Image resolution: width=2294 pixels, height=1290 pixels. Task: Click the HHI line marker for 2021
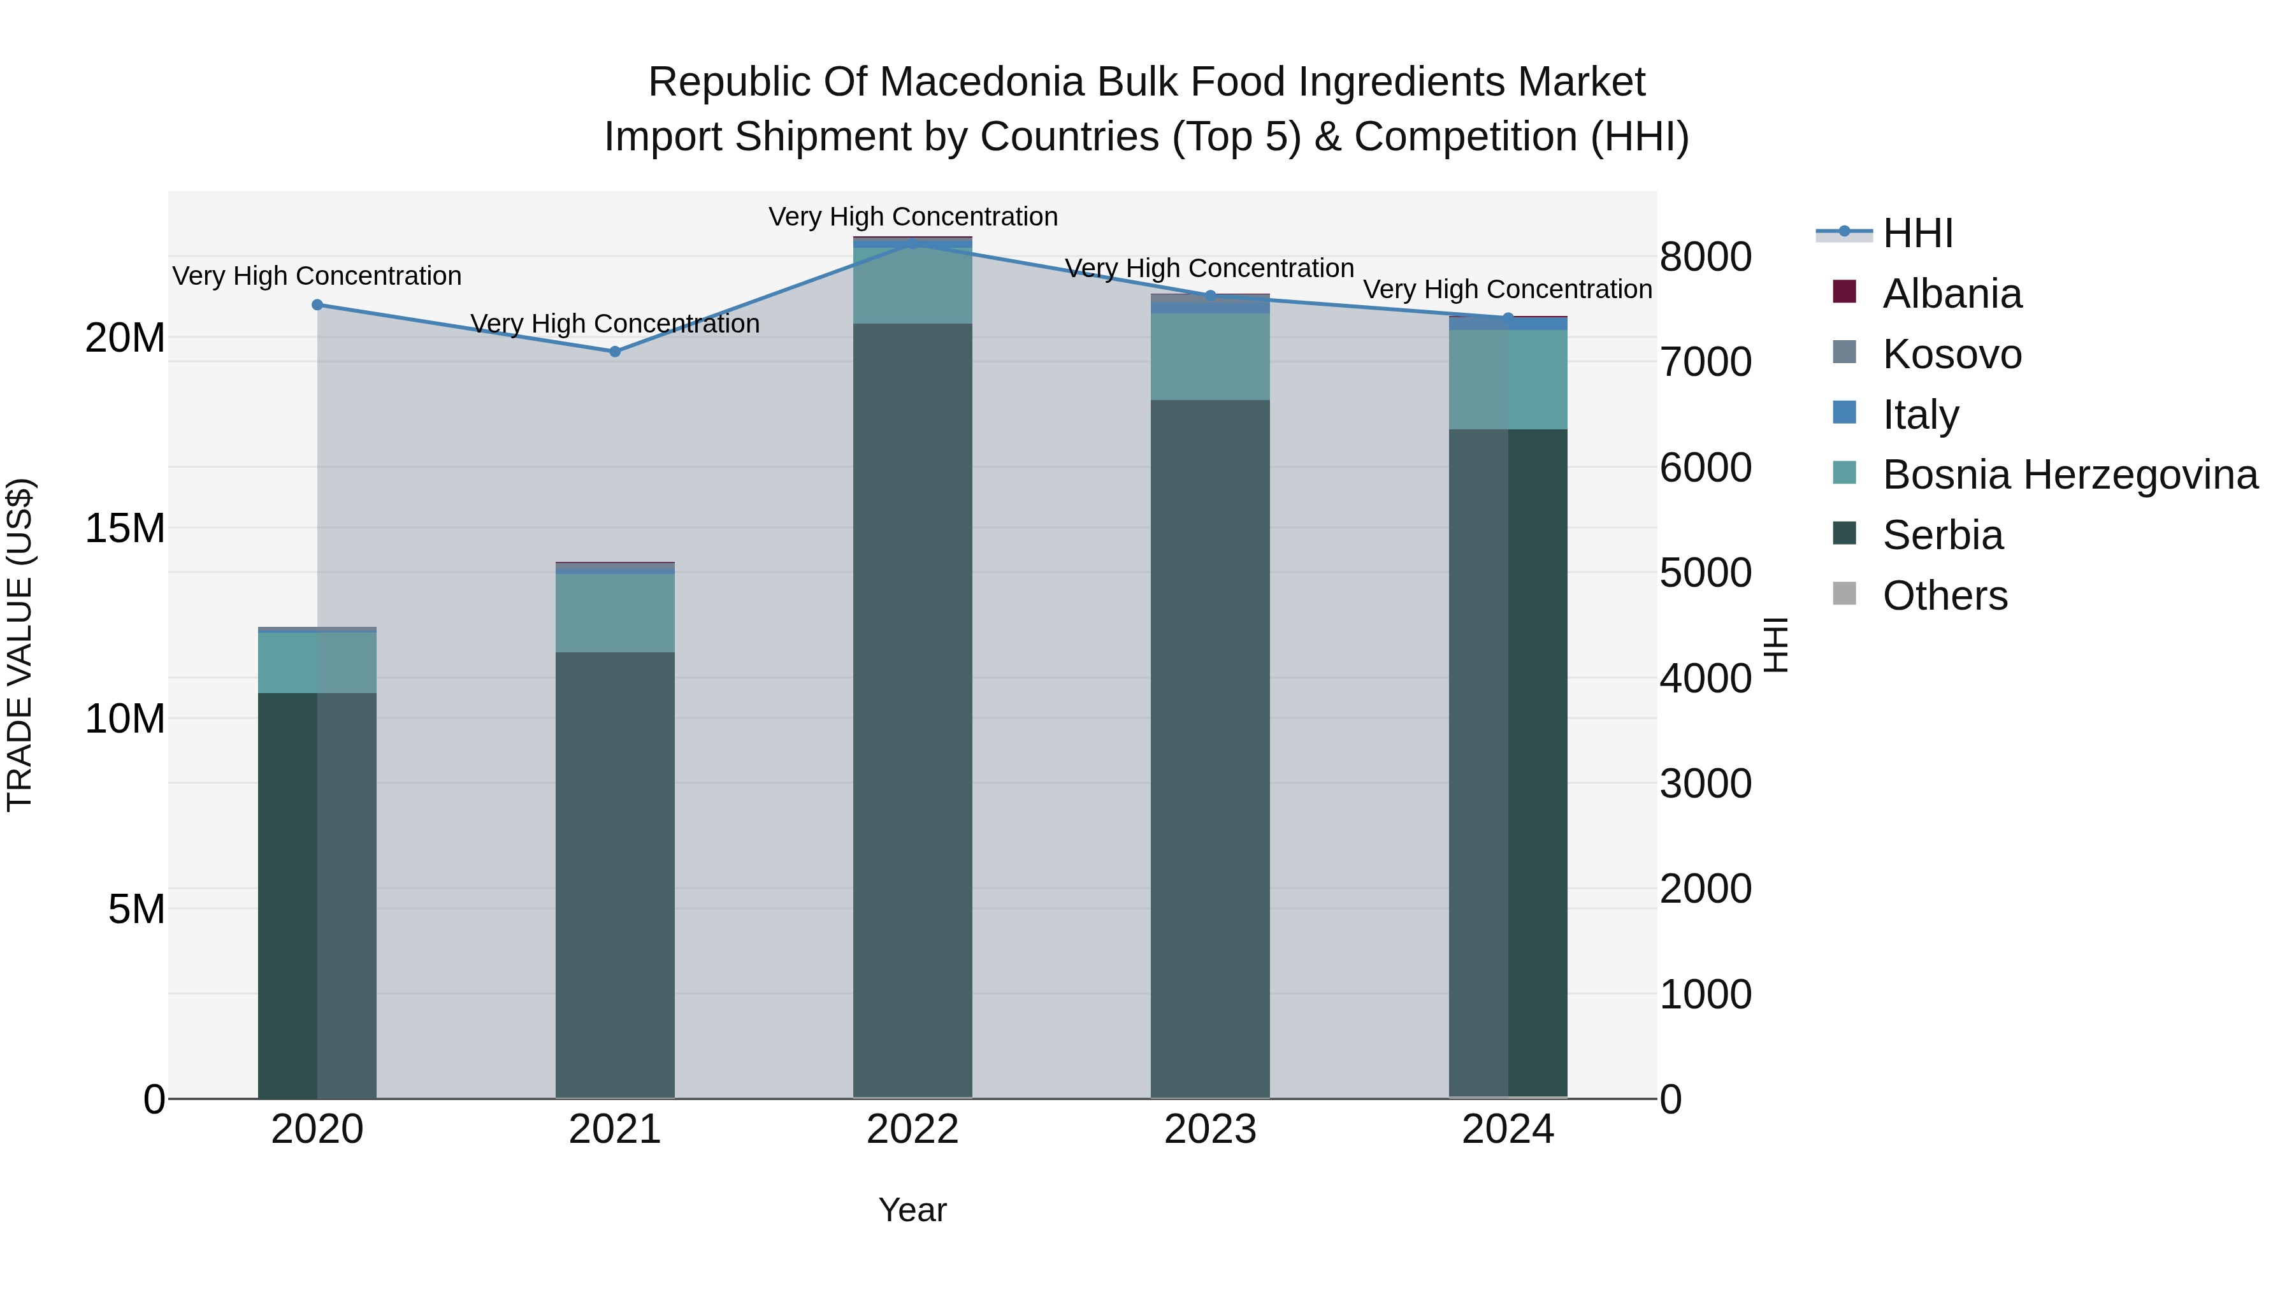coord(614,352)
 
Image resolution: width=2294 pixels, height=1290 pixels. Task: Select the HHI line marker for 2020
coord(317,305)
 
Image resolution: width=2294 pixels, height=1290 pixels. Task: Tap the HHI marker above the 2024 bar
coord(1508,318)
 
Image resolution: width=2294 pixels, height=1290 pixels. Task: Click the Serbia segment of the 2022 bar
coord(912,712)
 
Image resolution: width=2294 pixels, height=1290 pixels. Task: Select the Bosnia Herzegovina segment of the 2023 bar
coord(1209,356)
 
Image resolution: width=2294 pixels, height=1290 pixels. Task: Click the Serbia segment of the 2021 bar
coord(614,873)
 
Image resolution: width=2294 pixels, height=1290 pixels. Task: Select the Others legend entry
coord(1945,596)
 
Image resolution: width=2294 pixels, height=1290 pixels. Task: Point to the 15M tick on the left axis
coord(125,529)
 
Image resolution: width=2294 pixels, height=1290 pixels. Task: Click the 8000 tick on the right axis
coord(1705,257)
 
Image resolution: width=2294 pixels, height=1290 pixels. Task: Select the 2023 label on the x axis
coord(1209,1129)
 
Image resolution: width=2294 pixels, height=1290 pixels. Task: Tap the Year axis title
coord(912,1210)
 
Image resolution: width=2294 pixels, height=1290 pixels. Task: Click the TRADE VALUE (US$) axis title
coord(20,645)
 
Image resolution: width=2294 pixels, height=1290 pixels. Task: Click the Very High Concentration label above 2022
coord(913,217)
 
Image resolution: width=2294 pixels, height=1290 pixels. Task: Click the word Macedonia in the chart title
coord(981,82)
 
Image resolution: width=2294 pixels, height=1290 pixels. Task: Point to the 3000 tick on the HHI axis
coord(1705,784)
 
